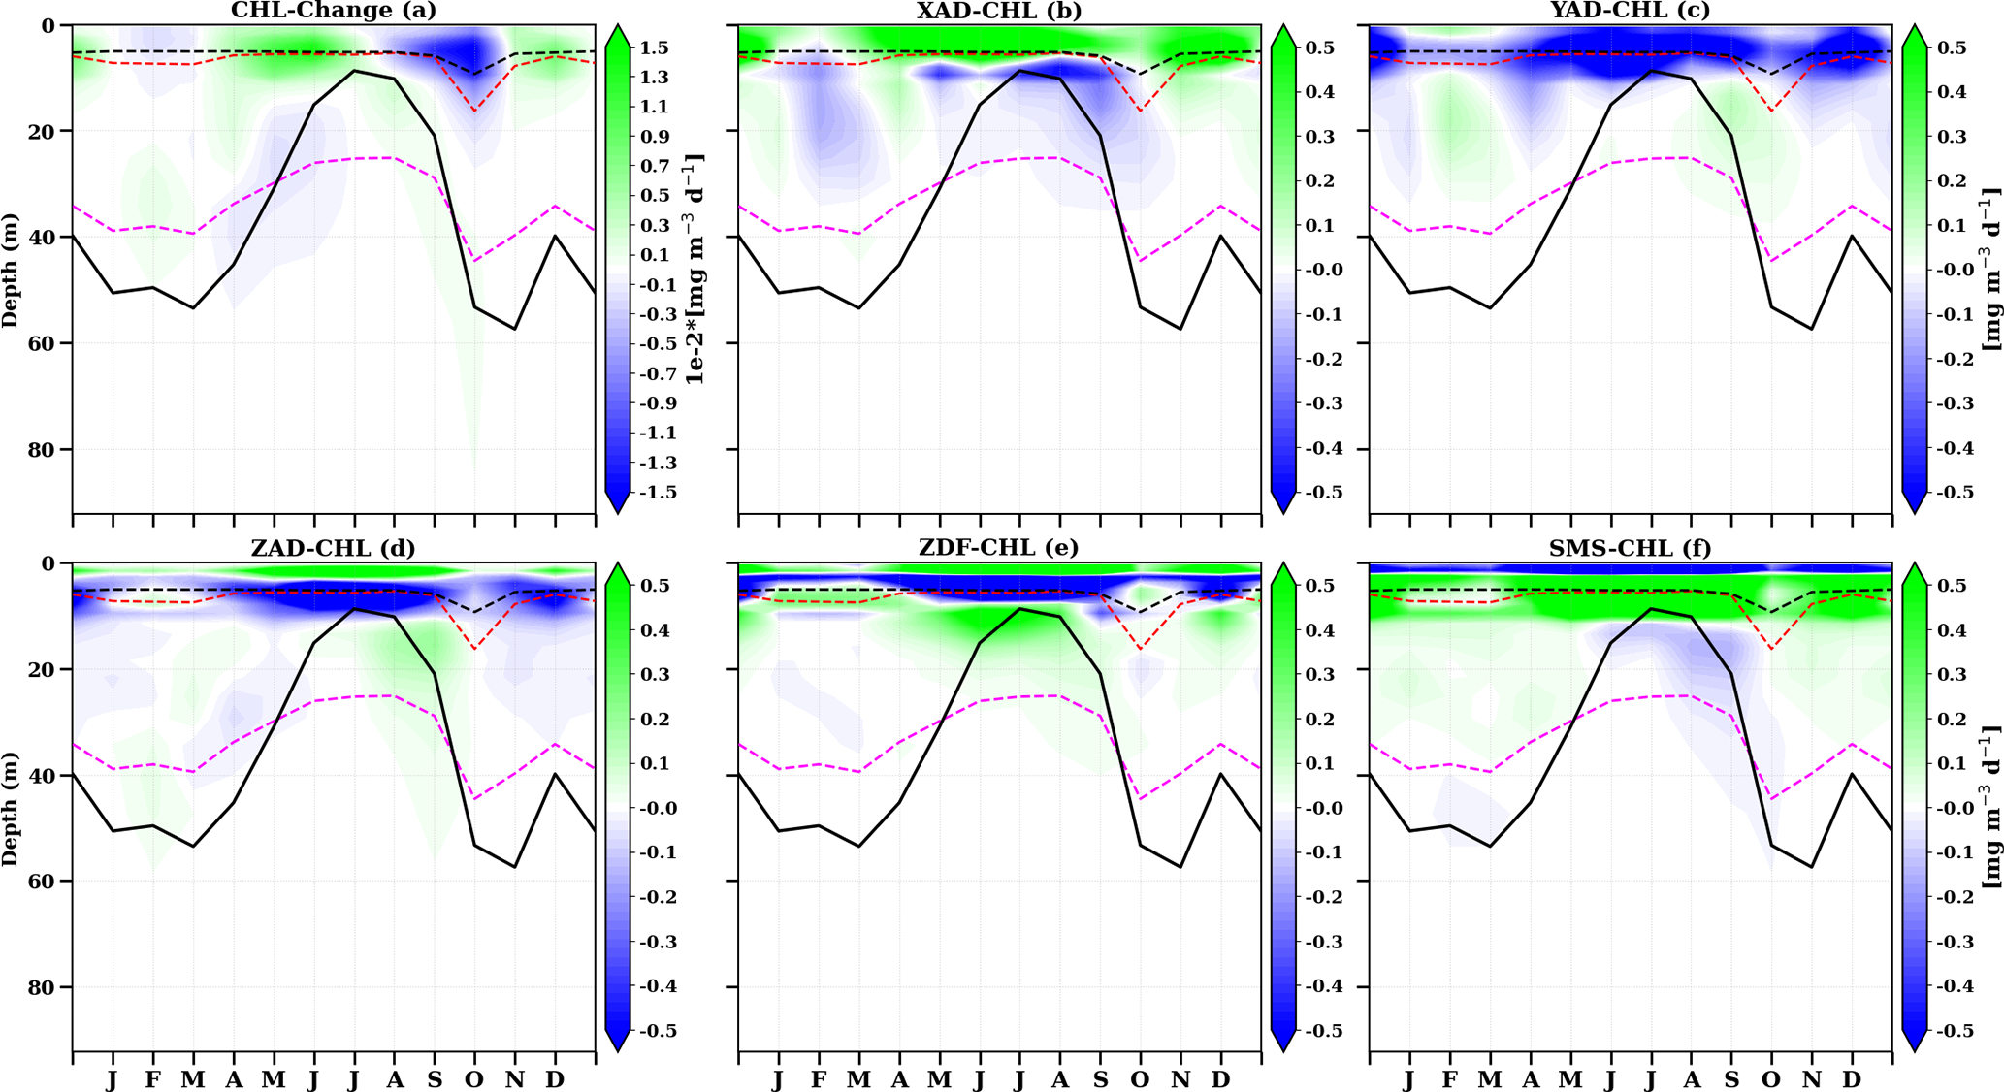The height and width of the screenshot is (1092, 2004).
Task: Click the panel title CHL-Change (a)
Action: pos(333,11)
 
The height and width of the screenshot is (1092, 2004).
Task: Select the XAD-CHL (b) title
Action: pos(999,11)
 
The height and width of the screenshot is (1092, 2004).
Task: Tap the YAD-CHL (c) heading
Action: pos(1630,11)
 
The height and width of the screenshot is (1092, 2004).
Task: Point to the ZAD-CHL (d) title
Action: pos(333,548)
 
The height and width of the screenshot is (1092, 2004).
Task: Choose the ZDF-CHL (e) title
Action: pos(999,548)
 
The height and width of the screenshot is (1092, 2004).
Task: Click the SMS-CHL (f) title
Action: pos(1630,548)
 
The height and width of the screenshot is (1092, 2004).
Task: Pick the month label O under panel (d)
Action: pos(474,1080)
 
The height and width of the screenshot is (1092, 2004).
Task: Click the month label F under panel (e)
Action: pos(819,1080)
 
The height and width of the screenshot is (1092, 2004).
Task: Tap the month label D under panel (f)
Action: pos(1852,1080)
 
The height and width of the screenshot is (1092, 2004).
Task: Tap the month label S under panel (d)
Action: pos(435,1080)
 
